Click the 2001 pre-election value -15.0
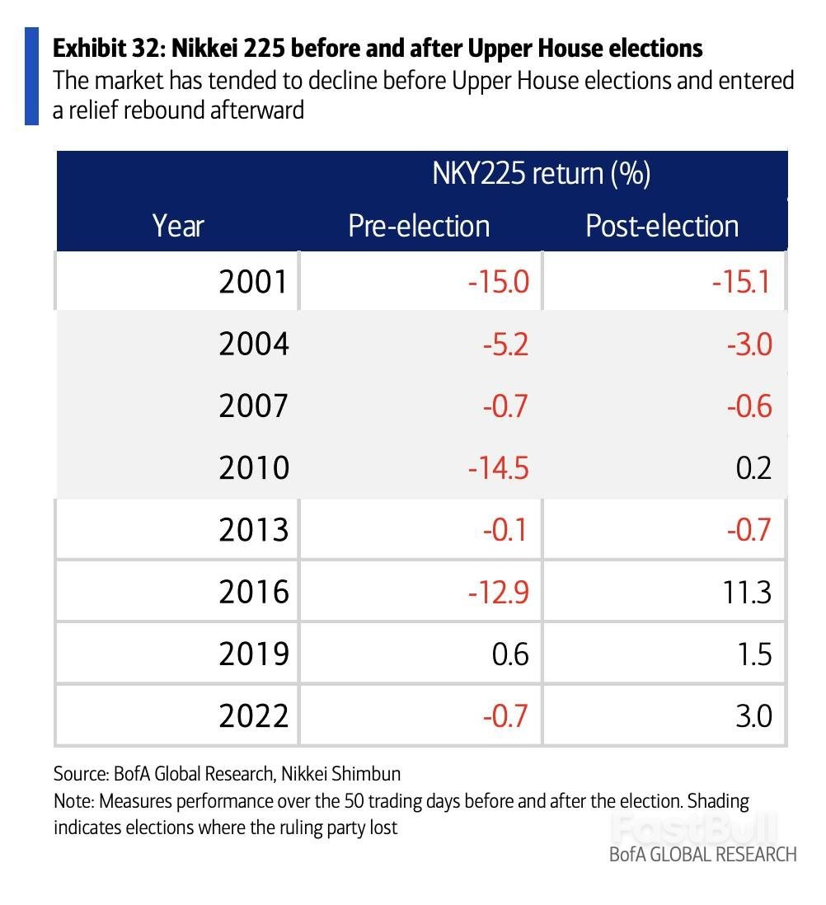pos(497,282)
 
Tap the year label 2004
pos(254,344)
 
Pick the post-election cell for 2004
pos(749,344)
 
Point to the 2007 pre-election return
pos(504,406)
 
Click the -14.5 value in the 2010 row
pos(497,467)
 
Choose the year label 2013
pos(254,529)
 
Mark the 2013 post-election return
pos(749,529)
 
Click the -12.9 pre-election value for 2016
pos(497,591)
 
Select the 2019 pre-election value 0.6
pos(506,654)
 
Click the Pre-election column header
pos(419,226)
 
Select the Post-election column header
pos(662,226)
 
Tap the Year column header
pos(178,226)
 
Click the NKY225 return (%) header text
pos(542,174)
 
